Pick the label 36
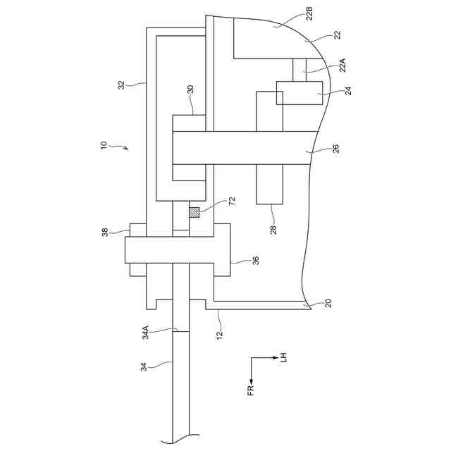tap(256, 260)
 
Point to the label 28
tap(273, 227)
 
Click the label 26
tap(335, 149)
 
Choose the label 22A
tap(343, 66)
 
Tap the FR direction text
tap(251, 388)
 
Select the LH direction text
tap(283, 357)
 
